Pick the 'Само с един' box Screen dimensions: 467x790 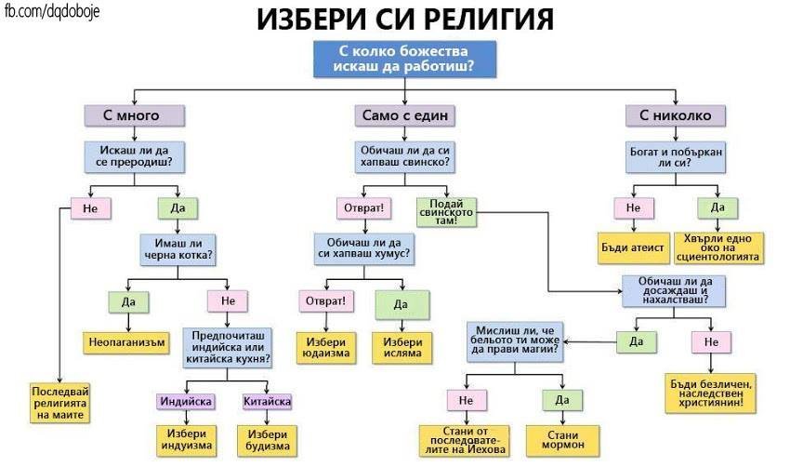(x=402, y=115)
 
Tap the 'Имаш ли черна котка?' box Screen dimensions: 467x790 (x=176, y=248)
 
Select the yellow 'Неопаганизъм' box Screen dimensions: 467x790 (x=128, y=341)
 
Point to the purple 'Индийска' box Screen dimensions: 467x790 (x=185, y=402)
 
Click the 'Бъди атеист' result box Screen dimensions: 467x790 (x=633, y=248)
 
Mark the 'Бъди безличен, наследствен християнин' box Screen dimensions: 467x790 (x=713, y=389)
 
